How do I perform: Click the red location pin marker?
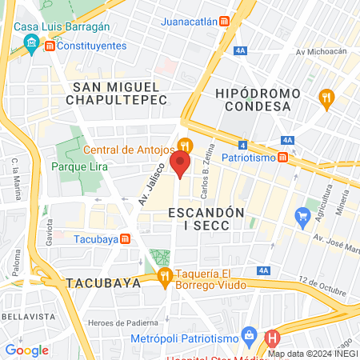[x=181, y=166]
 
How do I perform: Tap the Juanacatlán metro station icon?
[x=226, y=22]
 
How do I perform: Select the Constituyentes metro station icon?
[x=50, y=47]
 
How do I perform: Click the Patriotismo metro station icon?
[x=284, y=157]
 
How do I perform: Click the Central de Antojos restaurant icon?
[x=186, y=145]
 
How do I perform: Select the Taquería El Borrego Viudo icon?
[x=165, y=277]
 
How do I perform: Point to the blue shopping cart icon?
[x=302, y=215]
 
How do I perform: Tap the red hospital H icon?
[x=272, y=338]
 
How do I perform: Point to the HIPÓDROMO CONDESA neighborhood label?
[x=257, y=99]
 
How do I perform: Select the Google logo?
[x=26, y=350]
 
